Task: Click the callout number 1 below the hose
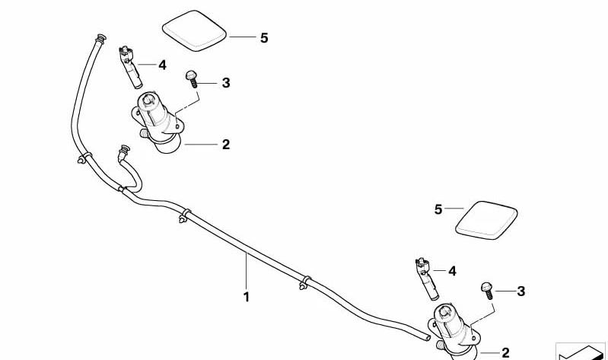click(247, 297)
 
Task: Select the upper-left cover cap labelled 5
click(194, 30)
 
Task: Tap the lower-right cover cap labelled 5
click(486, 220)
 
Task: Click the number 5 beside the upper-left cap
click(264, 38)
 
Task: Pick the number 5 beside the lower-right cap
click(438, 209)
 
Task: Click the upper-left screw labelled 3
click(192, 78)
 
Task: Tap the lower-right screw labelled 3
click(488, 291)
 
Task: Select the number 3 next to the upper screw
click(226, 83)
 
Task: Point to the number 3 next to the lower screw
click(521, 291)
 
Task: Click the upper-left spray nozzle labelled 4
click(130, 67)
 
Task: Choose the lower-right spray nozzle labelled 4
click(427, 279)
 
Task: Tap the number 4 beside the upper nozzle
click(163, 65)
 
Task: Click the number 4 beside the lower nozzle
click(452, 271)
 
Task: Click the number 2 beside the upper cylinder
click(226, 145)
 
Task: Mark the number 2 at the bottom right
click(505, 352)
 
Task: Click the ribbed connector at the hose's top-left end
click(100, 39)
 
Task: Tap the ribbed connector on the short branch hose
click(124, 149)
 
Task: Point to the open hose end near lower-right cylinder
click(428, 338)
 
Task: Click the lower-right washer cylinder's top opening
click(444, 311)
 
